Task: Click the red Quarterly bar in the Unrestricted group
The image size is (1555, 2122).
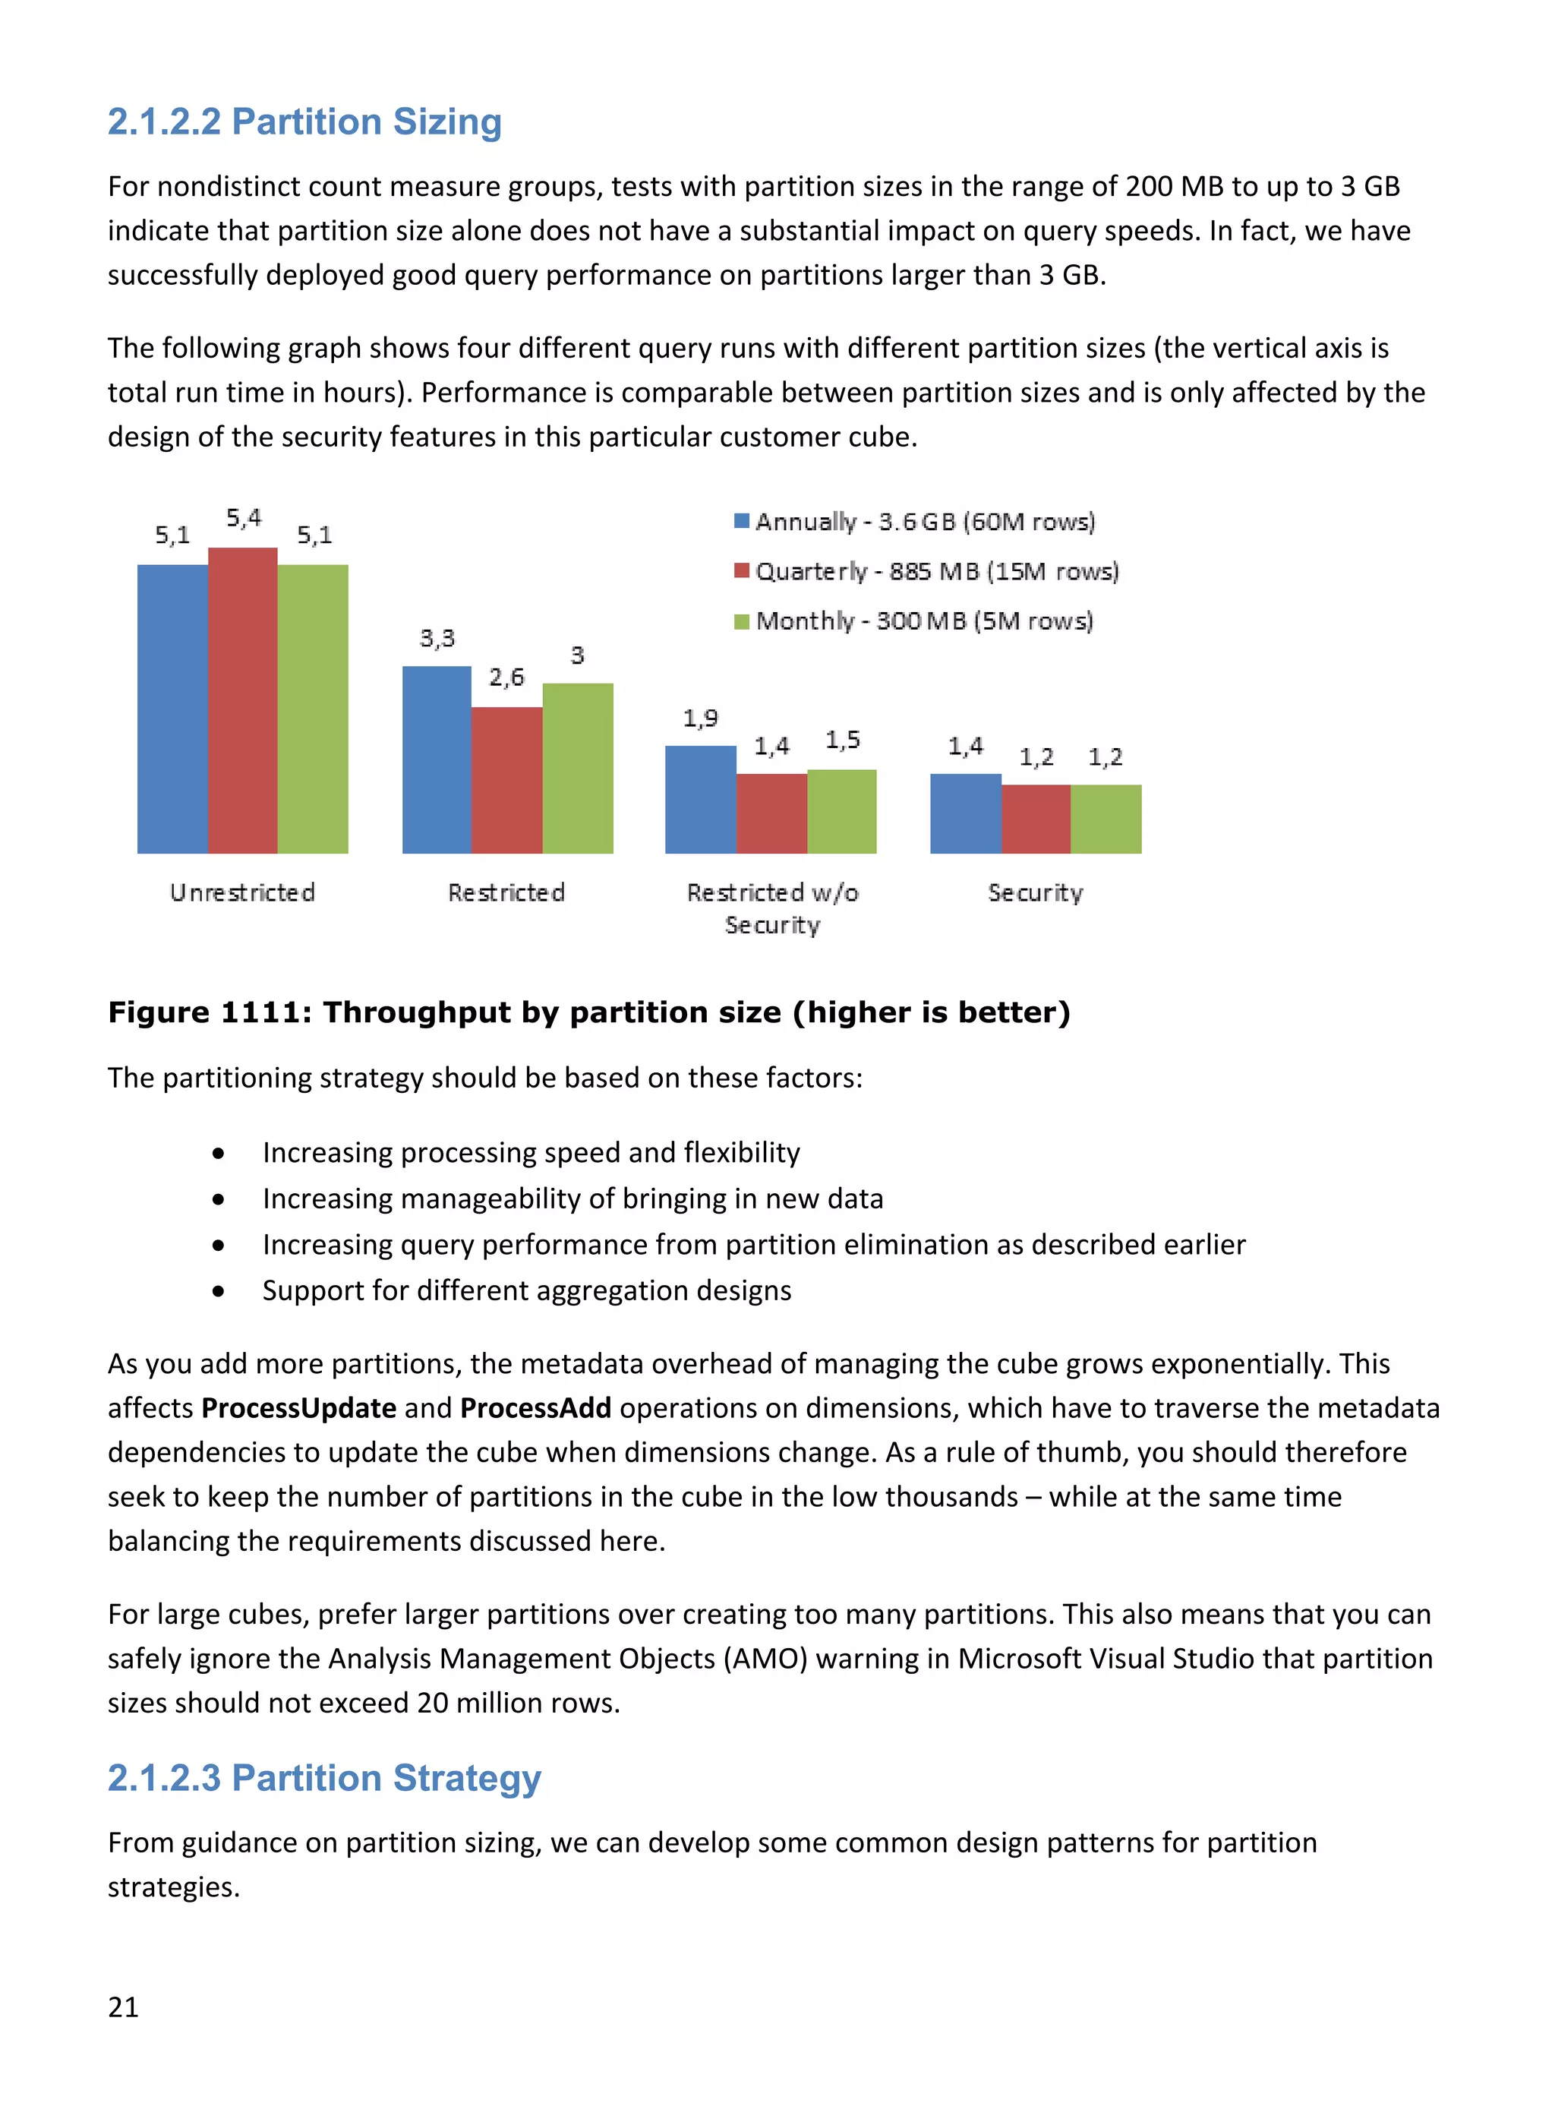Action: coord(243,701)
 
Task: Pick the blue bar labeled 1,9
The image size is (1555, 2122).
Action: coord(700,800)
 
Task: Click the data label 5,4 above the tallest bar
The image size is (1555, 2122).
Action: coord(244,518)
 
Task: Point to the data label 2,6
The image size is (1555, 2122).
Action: coord(506,677)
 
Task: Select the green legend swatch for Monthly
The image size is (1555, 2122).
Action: coord(742,621)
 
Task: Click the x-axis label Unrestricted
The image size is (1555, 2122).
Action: coord(242,892)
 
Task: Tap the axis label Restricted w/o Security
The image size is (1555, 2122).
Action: coord(772,908)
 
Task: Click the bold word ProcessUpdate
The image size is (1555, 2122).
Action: coord(298,1408)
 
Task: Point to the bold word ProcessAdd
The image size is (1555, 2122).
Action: coord(535,1408)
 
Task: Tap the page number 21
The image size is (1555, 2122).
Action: coord(123,2007)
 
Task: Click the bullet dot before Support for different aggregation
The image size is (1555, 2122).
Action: coord(219,1292)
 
